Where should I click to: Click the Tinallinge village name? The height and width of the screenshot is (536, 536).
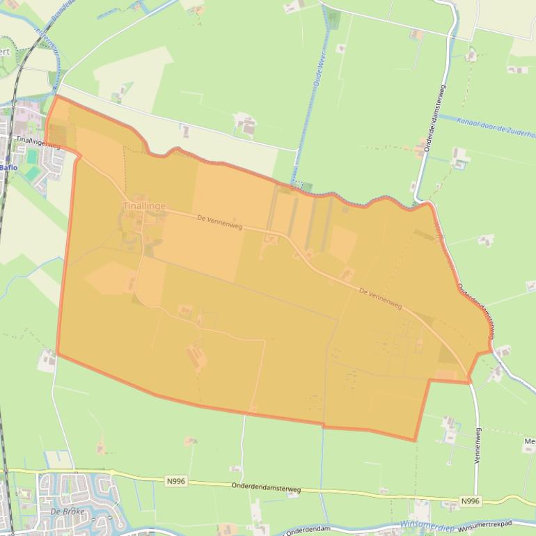pyautogui.click(x=144, y=206)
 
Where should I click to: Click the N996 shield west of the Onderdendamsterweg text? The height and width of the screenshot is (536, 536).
pyautogui.click(x=176, y=481)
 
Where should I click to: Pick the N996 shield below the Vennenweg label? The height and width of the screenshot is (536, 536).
pyautogui.click(x=471, y=500)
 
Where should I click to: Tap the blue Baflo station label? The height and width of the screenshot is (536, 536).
pyautogui.click(x=8, y=167)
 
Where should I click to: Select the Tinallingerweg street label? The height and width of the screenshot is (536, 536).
pyautogui.click(x=38, y=142)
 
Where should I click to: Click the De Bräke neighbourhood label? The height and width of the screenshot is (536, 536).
pyautogui.click(x=68, y=512)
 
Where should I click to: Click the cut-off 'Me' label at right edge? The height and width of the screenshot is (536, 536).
pyautogui.click(x=530, y=441)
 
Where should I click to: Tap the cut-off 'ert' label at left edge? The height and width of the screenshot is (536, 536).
pyautogui.click(x=5, y=52)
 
